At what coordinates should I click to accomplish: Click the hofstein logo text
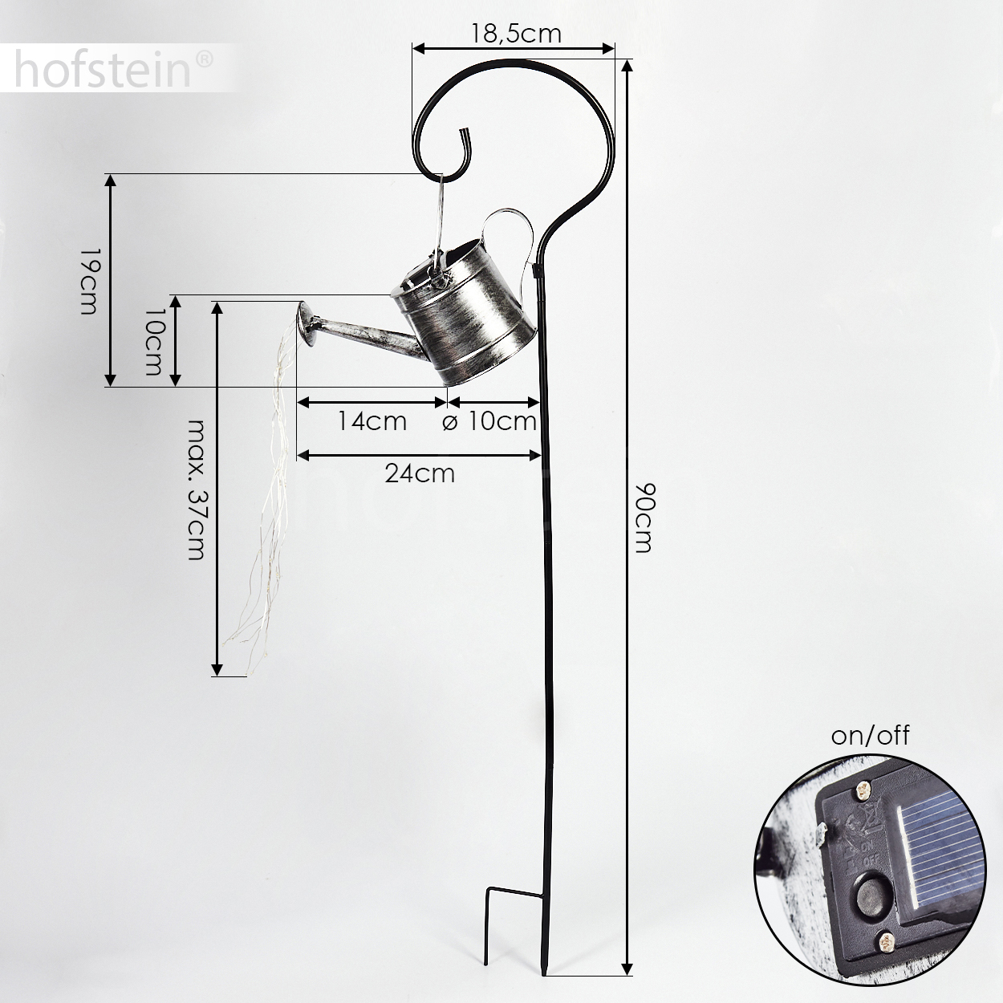click(103, 69)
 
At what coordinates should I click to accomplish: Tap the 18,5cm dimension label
click(516, 35)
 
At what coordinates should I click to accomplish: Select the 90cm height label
click(644, 518)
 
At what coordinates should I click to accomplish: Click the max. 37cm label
click(197, 489)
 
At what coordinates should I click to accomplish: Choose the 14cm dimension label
click(372, 420)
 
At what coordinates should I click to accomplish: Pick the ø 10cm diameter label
click(489, 421)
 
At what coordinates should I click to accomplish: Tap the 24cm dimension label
click(420, 473)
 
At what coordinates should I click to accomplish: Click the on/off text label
click(871, 736)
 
